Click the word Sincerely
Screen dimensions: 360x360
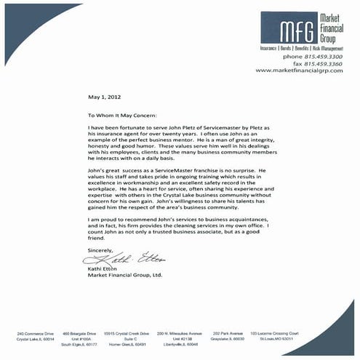[100, 249]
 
